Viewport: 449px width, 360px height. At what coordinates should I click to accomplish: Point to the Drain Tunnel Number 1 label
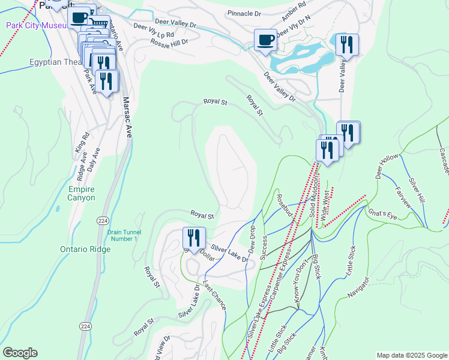point(122,235)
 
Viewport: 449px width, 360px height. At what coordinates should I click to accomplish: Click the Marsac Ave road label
point(127,118)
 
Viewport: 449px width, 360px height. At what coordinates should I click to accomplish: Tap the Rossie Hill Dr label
point(170,42)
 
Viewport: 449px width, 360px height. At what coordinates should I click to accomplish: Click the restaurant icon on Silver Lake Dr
point(194,238)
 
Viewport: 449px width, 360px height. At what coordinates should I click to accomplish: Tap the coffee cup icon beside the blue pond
point(265,40)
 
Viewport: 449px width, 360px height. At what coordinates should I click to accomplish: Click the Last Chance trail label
point(214,295)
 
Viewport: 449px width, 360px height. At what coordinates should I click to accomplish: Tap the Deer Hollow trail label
point(387,166)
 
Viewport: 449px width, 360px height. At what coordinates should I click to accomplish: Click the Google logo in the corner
point(20,353)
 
